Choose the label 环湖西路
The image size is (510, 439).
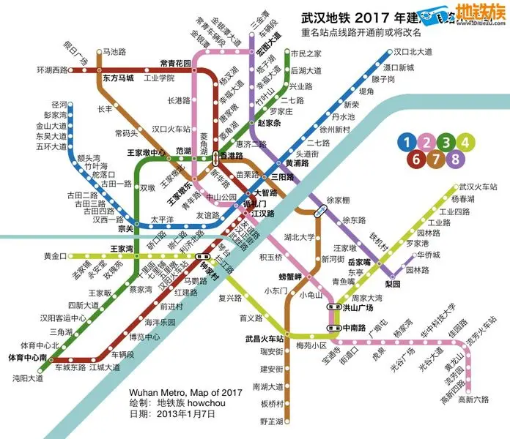51,70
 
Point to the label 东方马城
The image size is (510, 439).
118,78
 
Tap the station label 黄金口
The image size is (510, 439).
55,256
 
